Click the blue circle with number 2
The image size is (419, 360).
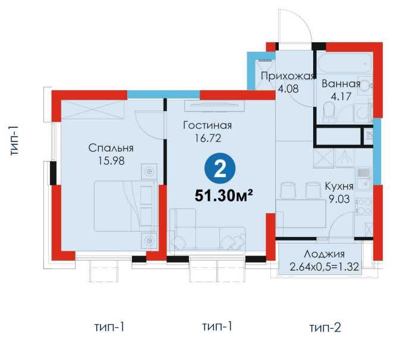[x=220, y=168]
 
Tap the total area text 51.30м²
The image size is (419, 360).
[x=224, y=195]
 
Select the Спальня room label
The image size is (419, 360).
[x=111, y=148]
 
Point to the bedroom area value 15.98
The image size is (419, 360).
[x=111, y=161]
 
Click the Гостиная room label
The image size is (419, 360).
[x=207, y=125]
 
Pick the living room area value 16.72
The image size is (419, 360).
[x=207, y=138]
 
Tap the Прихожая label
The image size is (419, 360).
[x=288, y=76]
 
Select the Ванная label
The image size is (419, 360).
[x=341, y=84]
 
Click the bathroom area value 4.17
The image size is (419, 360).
[x=341, y=96]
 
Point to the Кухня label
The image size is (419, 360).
[x=339, y=186]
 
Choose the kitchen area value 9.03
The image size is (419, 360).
[x=339, y=199]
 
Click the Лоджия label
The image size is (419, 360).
[x=324, y=254]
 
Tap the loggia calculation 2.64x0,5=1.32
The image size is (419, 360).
[x=324, y=267]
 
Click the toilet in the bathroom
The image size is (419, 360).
[x=329, y=112]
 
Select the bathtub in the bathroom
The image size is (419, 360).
[x=345, y=63]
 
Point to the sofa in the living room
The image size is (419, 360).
[x=207, y=230]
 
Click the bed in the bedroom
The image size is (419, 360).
[x=125, y=206]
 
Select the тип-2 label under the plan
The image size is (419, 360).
[x=325, y=327]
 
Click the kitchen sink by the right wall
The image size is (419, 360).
[x=364, y=178]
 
